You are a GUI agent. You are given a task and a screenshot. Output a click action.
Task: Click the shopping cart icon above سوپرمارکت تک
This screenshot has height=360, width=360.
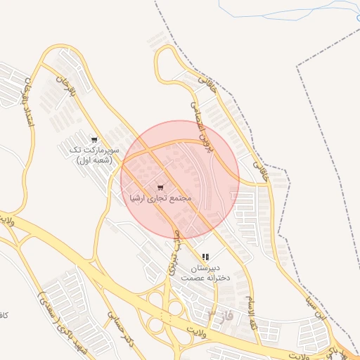click(94, 139)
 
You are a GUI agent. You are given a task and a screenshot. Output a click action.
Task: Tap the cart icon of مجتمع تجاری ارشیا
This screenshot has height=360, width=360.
click(160, 188)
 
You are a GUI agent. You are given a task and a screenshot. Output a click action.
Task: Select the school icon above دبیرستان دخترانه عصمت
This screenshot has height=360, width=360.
click(205, 257)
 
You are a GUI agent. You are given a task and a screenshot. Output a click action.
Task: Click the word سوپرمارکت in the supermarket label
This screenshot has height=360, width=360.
click(103, 150)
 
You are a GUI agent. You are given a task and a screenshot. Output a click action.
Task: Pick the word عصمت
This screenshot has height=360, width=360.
click(191, 278)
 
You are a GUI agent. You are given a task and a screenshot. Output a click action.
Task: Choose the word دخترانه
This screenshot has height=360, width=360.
click(218, 278)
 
